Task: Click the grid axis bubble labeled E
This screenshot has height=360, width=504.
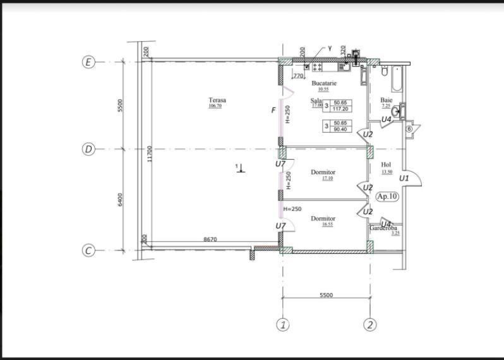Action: [89, 62]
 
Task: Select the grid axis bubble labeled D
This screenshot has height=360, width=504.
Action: [89, 150]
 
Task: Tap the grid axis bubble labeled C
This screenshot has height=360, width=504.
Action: [89, 250]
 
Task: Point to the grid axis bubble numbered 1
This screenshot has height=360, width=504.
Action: [284, 325]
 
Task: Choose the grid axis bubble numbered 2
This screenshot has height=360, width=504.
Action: [371, 325]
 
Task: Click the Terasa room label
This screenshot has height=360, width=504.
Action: [217, 100]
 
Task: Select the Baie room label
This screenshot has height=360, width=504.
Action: [386, 100]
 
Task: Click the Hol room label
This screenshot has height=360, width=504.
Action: [387, 165]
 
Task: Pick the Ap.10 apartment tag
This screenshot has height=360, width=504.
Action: [387, 196]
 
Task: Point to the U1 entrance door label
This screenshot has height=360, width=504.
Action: [404, 179]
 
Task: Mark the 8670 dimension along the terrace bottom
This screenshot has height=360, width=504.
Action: [210, 240]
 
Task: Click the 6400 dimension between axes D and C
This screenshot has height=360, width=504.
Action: [120, 199]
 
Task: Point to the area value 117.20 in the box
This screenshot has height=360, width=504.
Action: [340, 108]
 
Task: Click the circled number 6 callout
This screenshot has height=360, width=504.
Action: [409, 129]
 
